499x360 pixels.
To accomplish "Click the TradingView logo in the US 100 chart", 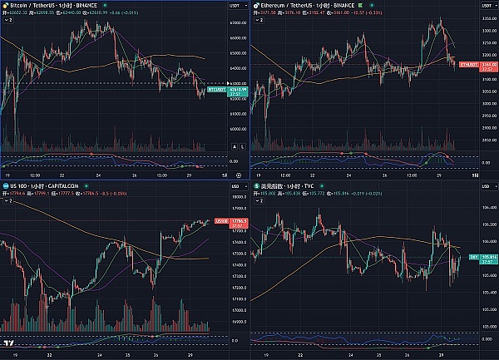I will click(x=8, y=343).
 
